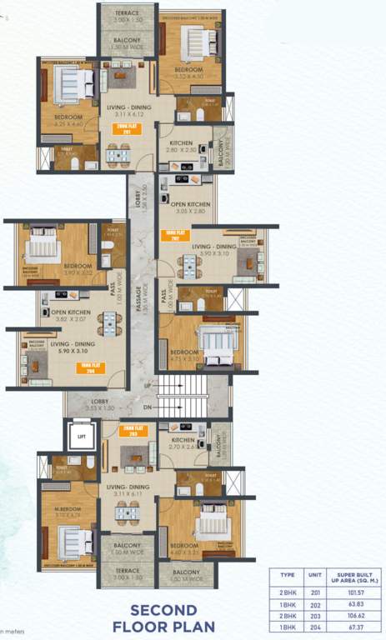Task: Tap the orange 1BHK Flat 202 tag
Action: tap(173, 236)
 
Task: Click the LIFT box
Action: tap(81, 436)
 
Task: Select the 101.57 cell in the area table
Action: tap(345, 591)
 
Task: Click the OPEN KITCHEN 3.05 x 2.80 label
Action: tap(188, 207)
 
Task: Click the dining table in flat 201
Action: tap(119, 153)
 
